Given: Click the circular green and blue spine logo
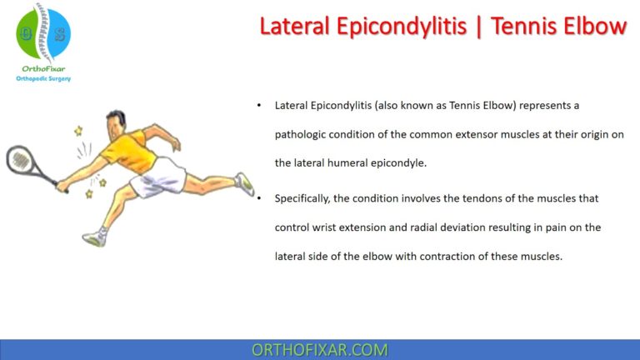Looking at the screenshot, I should click(43, 33).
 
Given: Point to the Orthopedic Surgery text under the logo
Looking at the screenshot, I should click(43, 78).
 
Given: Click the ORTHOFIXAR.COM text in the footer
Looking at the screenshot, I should click(319, 349).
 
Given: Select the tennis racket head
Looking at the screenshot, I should click(20, 160).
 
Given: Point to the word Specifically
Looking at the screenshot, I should click(306, 198).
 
